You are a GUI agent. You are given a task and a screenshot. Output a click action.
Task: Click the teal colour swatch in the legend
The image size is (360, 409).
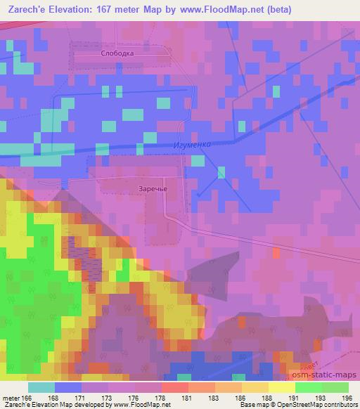pyautogui.click(x=41, y=387)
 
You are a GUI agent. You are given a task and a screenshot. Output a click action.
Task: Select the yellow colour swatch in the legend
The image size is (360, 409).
pyautogui.click(x=281, y=387)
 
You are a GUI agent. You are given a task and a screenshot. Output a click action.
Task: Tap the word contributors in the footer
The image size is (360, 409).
pyautogui.click(x=340, y=405)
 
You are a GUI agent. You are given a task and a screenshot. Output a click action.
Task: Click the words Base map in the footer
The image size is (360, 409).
pyautogui.click(x=247, y=405)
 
